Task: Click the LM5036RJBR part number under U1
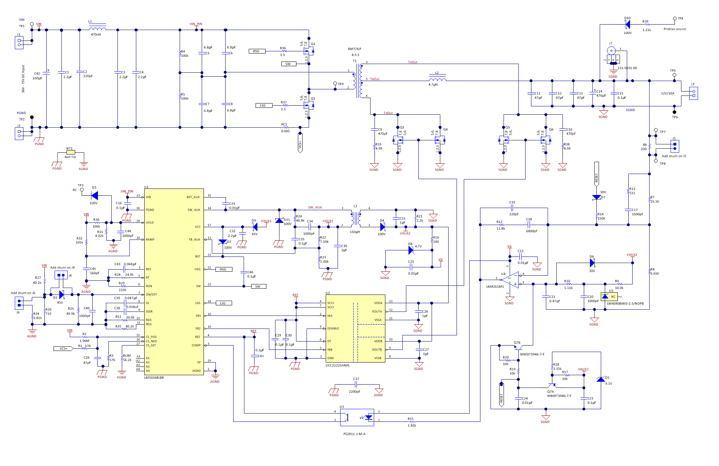coord(154,378)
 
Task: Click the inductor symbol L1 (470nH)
coord(97,29)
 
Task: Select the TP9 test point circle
coord(335,84)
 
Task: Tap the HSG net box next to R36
coord(257,51)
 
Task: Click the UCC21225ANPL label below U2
coord(338,365)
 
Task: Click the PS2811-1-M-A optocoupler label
coord(354,434)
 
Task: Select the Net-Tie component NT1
coord(70,152)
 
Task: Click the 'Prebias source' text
coord(675,29)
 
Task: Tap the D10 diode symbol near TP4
coord(628,25)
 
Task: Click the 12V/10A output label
coord(668,93)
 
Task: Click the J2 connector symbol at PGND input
coord(19,134)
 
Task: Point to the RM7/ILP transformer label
coord(354,49)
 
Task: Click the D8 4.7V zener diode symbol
coord(410,250)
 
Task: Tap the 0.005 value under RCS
coord(285,131)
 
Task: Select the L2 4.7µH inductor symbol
coord(437,79)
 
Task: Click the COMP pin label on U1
coord(196,345)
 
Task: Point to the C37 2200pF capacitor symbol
coord(356,385)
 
